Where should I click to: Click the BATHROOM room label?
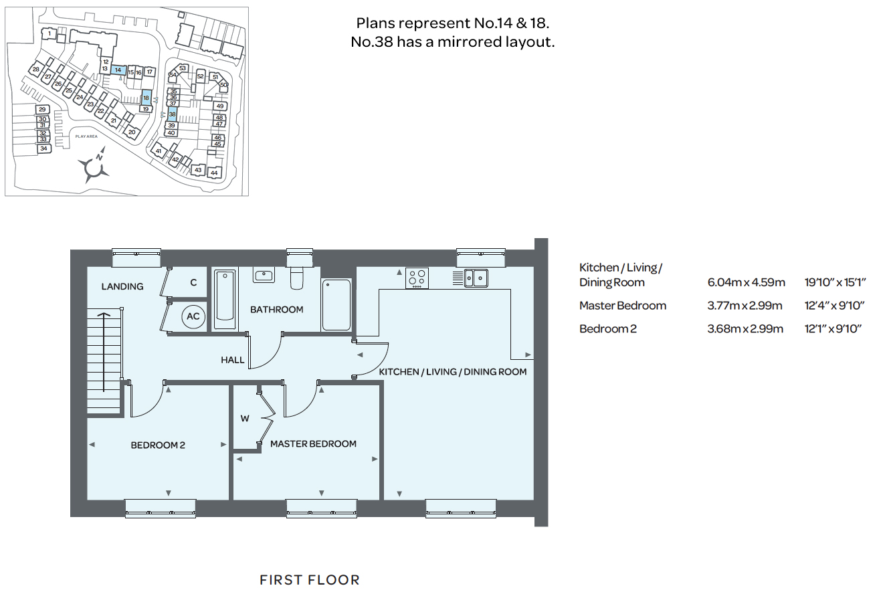point(276,309)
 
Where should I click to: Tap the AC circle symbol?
point(193,316)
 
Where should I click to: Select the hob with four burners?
point(417,278)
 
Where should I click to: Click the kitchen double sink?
point(476,278)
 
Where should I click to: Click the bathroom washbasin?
point(264,275)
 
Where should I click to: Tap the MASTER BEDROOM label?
point(313,444)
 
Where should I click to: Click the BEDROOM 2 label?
point(158,445)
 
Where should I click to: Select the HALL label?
point(232,360)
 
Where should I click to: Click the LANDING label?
point(122,286)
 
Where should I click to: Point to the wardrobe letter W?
point(245,418)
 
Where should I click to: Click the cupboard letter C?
point(193,282)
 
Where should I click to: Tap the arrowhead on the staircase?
point(104,315)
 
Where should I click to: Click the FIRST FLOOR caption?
point(310,580)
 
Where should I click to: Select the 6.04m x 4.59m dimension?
point(746,282)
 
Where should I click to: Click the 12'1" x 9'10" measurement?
point(833,328)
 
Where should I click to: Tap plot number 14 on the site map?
point(118,70)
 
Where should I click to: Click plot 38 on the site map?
point(173,114)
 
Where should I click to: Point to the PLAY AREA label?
point(86,136)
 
